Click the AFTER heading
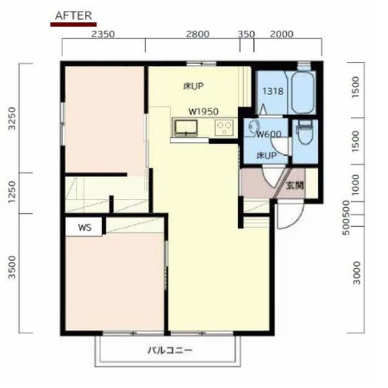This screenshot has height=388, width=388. point(73,16)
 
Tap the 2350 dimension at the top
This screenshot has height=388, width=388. point(102,35)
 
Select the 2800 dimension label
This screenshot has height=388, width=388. point(198,35)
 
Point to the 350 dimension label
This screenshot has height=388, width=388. point(246,35)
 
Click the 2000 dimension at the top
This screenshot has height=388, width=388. point(282,35)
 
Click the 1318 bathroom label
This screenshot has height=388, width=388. point(272,92)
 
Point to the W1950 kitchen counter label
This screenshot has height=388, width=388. point(203,112)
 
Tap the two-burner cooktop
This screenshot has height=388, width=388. point(225,128)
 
